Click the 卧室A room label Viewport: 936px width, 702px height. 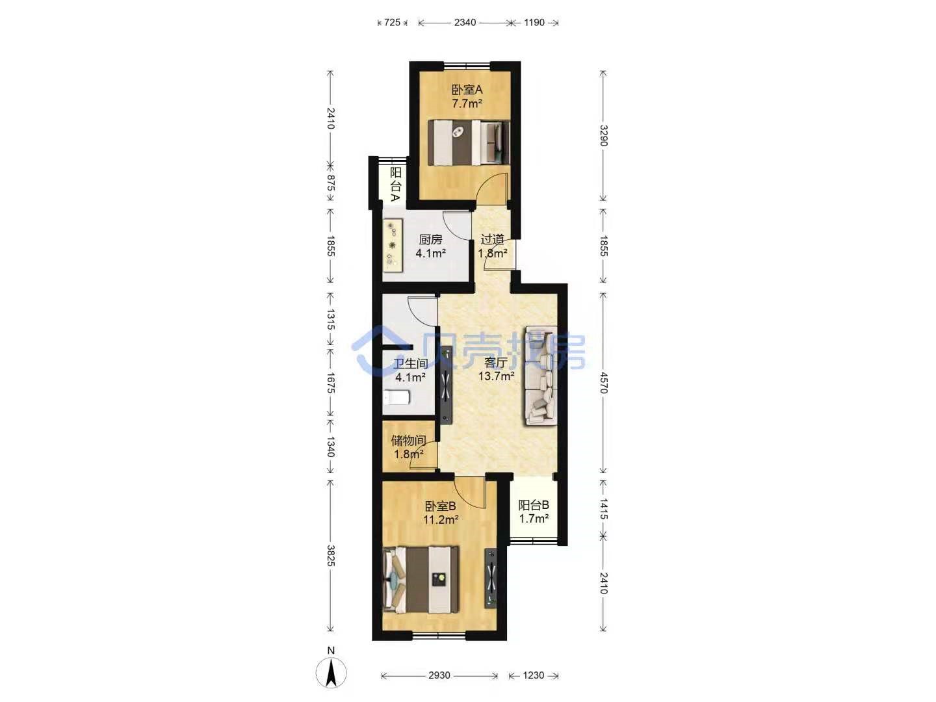pyautogui.click(x=467, y=90)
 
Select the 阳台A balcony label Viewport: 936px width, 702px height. pyautogui.click(x=396, y=185)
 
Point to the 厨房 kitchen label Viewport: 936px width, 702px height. pyautogui.click(x=431, y=240)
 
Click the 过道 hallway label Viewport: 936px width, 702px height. pyautogui.click(x=493, y=240)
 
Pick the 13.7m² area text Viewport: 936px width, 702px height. pyautogui.click(x=496, y=376)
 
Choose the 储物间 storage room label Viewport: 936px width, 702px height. pyautogui.click(x=408, y=440)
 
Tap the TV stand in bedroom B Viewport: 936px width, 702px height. pyautogui.click(x=490, y=578)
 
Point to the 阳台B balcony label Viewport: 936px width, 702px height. pyautogui.click(x=534, y=505)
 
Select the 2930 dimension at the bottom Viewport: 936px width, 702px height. pyautogui.click(x=439, y=675)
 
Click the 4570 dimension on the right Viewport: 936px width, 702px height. pyautogui.click(x=603, y=382)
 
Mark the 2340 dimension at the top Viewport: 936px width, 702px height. pyautogui.click(x=465, y=22)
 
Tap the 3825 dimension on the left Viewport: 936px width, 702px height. pyautogui.click(x=331, y=555)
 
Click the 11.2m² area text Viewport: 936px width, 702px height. pyautogui.click(x=441, y=519)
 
